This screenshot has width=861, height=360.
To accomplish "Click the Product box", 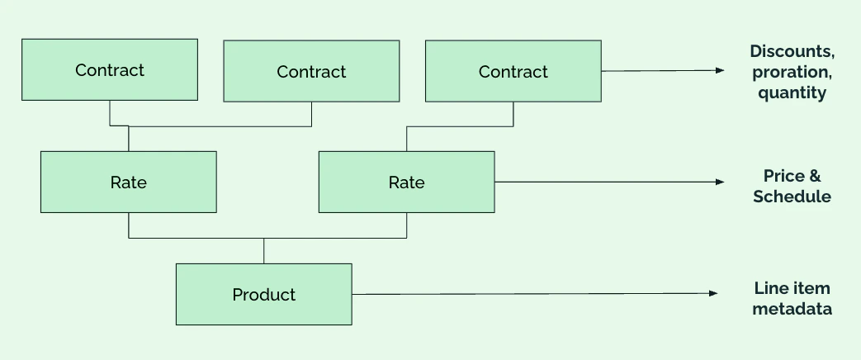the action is click(263, 294).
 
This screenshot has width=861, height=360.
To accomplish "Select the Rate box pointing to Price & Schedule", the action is click(406, 182).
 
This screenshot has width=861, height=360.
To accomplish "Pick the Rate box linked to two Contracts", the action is click(129, 182).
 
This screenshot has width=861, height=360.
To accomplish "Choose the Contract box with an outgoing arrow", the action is click(513, 71).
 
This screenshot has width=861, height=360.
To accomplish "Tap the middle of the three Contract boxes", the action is click(311, 71).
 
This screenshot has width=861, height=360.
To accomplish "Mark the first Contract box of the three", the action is click(110, 69).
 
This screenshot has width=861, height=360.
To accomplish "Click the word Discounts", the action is click(792, 52).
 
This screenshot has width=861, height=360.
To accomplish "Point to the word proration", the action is click(792, 73).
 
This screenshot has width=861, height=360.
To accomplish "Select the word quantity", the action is click(792, 92).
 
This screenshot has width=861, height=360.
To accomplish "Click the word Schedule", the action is click(792, 197).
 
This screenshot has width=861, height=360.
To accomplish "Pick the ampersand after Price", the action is click(815, 176).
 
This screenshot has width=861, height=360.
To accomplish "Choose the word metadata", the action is click(792, 309).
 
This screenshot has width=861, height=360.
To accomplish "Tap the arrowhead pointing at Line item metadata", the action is click(713, 293).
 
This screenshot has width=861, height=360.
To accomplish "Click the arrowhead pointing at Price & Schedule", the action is click(720, 182).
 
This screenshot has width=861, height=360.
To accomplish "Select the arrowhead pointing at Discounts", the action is click(720, 70).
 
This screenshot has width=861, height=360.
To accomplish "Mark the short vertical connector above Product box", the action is click(263, 251).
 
